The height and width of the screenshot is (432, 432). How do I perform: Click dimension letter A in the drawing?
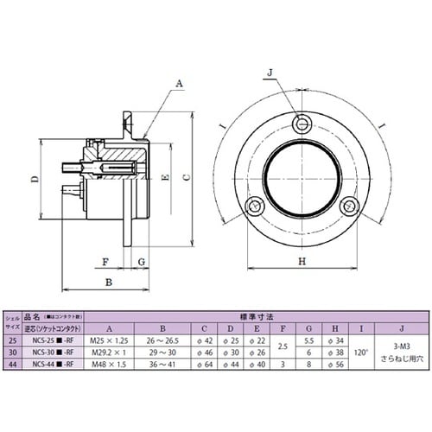(x=180, y=84)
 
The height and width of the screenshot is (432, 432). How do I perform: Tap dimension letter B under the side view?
(x=108, y=282)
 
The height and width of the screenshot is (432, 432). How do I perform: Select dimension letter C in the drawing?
(x=186, y=176)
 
